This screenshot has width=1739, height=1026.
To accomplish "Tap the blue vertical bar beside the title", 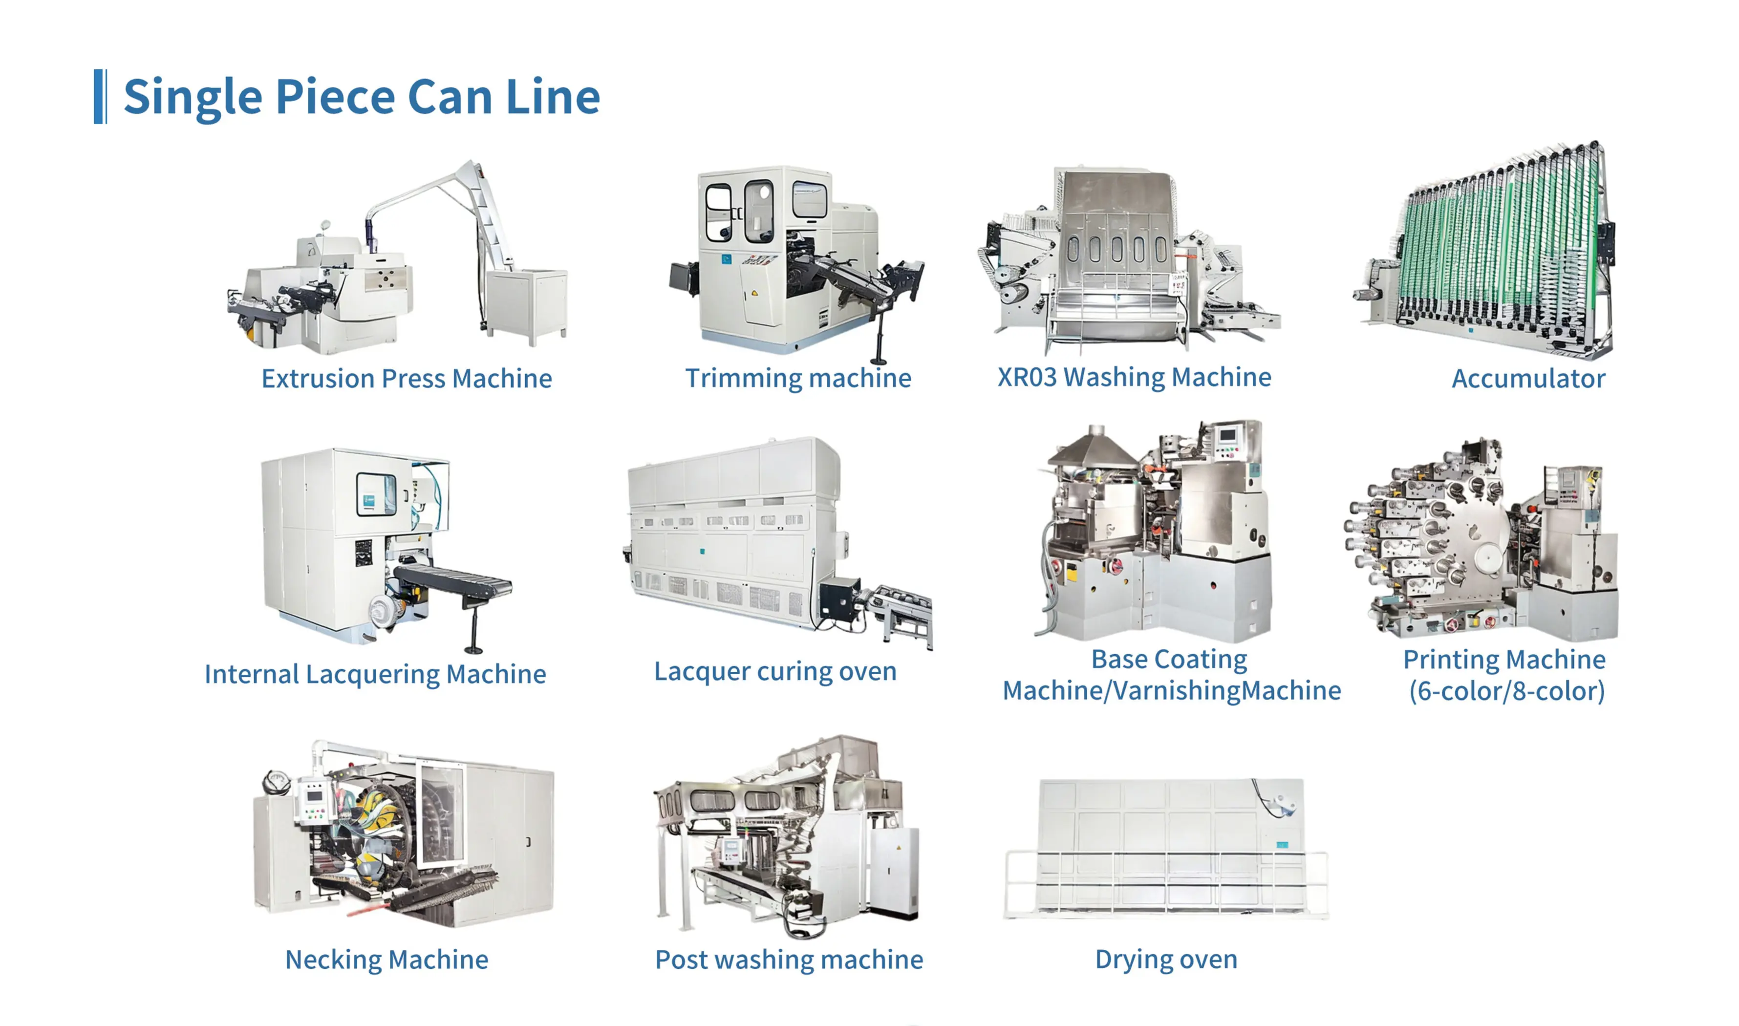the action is [100, 96].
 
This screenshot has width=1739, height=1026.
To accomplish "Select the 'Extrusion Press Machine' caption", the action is [407, 378].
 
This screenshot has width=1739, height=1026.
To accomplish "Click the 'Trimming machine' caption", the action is [798, 378].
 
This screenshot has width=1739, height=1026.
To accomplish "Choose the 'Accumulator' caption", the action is [1528, 378].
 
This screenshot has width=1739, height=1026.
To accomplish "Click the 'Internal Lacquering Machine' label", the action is [375, 674].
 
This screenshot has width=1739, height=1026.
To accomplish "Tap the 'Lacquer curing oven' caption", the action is [775, 671].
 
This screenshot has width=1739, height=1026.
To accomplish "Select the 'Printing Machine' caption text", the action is [1504, 660].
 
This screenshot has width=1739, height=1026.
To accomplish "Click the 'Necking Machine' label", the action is [386, 960].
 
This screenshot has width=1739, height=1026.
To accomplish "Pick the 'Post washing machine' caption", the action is [789, 960].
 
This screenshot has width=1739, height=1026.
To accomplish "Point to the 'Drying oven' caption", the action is [1166, 960].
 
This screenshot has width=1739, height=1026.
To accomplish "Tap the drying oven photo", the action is [1166, 849].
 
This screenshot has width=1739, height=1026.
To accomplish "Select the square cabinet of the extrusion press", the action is [527, 304].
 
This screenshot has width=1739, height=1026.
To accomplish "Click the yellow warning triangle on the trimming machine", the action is [754, 293].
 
